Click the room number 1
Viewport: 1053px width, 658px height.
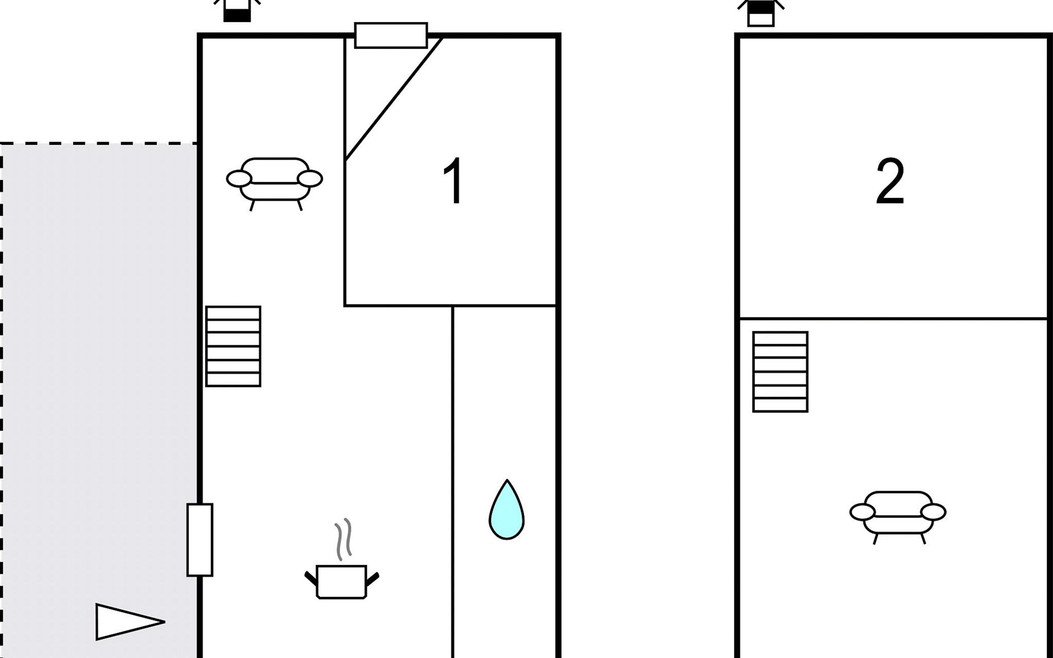pyautogui.click(x=454, y=181)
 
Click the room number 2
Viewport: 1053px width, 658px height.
pyautogui.click(x=890, y=181)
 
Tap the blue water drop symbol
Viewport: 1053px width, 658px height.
pyautogui.click(x=507, y=510)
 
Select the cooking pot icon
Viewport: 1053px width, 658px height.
pyautogui.click(x=342, y=581)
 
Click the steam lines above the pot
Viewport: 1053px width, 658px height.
pyautogui.click(x=343, y=540)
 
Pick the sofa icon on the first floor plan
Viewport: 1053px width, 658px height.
pyautogui.click(x=274, y=184)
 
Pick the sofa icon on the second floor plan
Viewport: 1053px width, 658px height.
pyautogui.click(x=898, y=517)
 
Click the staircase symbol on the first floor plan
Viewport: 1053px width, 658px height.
pyautogui.click(x=233, y=347)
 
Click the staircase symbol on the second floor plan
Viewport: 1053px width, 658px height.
pyautogui.click(x=780, y=372)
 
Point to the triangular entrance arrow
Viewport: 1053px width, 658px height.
pyautogui.click(x=130, y=622)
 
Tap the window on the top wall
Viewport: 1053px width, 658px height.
pyautogui.click(x=391, y=36)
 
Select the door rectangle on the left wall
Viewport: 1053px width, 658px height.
pyautogui.click(x=200, y=540)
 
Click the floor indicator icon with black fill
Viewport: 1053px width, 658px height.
pyautogui.click(x=237, y=11)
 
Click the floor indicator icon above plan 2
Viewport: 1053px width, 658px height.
pyautogui.click(x=761, y=13)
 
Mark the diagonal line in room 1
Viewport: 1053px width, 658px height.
pyautogui.click(x=394, y=99)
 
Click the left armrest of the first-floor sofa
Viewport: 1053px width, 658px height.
pyautogui.click(x=239, y=178)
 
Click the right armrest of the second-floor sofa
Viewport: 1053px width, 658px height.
pyautogui.click(x=933, y=512)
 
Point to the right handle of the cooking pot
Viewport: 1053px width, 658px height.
pyautogui.click(x=372, y=578)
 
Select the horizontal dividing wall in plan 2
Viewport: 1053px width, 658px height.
pyautogui.click(x=893, y=319)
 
